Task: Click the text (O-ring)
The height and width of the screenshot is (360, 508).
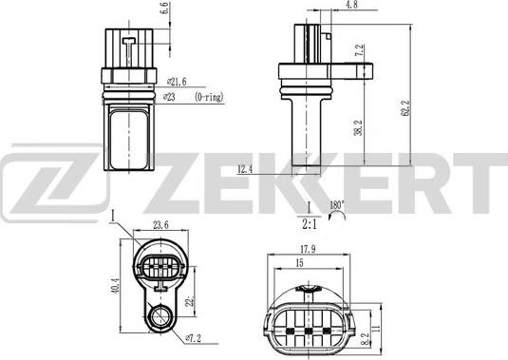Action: [212, 98]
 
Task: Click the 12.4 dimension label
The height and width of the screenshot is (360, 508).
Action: [245, 169]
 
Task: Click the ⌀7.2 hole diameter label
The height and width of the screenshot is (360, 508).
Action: [193, 337]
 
